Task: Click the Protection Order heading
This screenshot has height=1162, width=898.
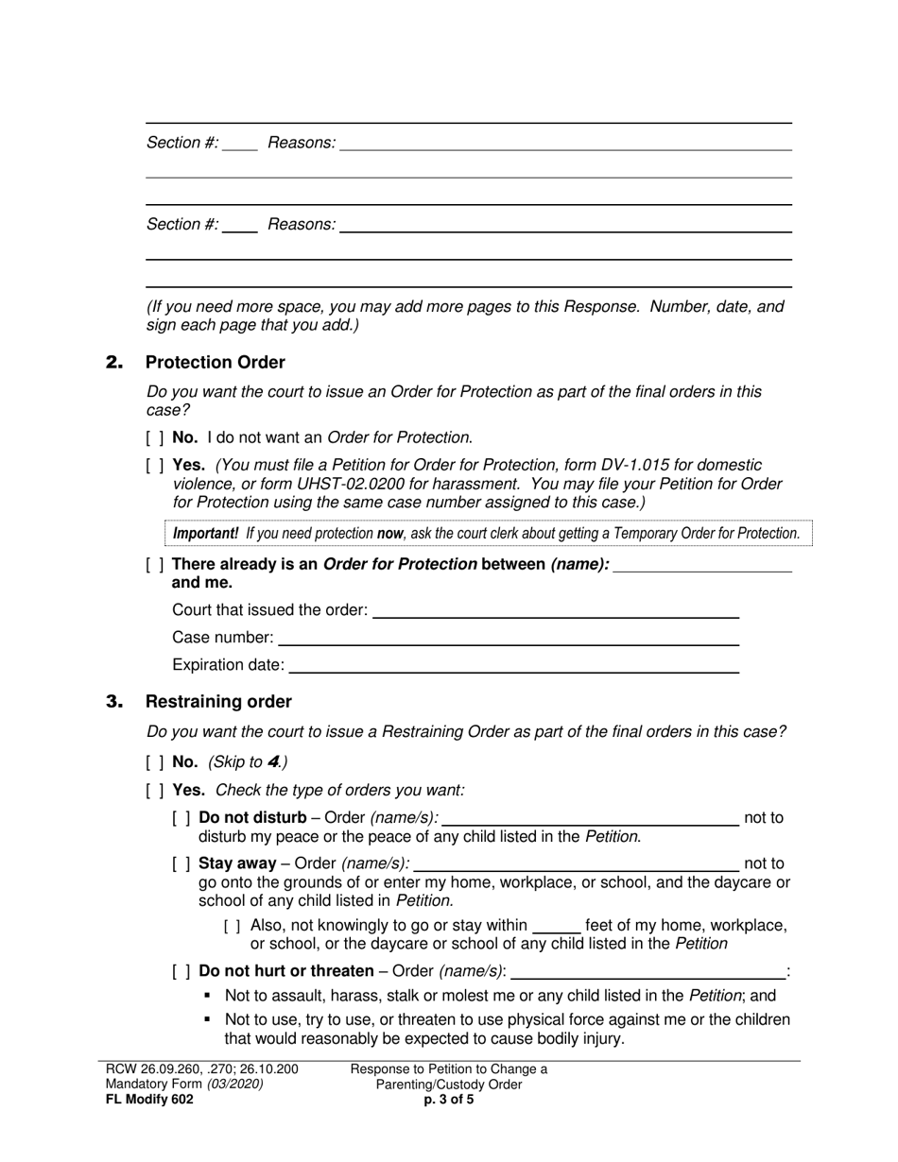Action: pos(215,363)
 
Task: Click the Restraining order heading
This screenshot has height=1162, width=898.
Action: pos(217,702)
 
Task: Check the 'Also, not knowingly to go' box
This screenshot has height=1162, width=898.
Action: pos(233,926)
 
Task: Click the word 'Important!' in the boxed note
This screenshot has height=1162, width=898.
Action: pos(205,534)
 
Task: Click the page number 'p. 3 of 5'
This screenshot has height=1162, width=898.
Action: pos(449,1099)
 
